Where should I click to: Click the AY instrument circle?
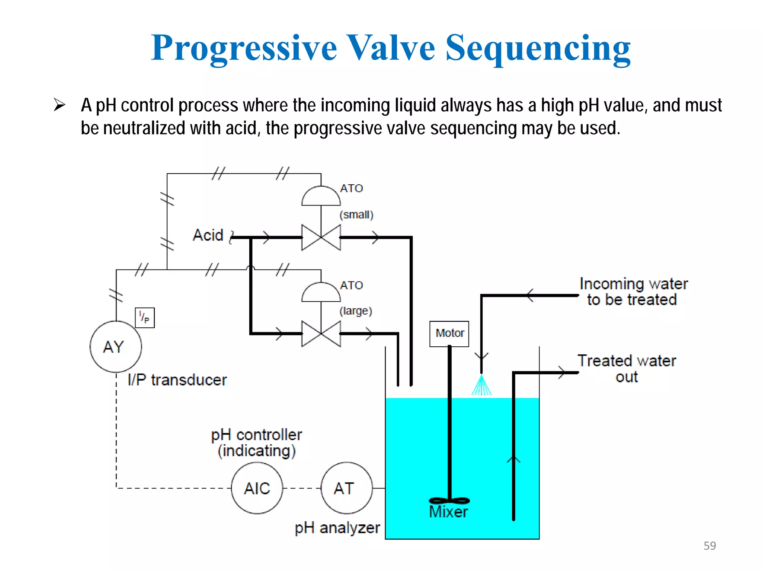pyautogui.click(x=116, y=346)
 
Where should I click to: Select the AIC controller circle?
pyautogui.click(x=257, y=488)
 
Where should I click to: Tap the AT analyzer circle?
pyautogui.click(x=346, y=488)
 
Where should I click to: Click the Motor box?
pyautogui.click(x=449, y=334)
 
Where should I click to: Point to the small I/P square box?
pyautogui.click(x=145, y=318)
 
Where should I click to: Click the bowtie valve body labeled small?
pyautogui.click(x=321, y=237)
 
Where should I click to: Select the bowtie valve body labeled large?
pyautogui.click(x=321, y=334)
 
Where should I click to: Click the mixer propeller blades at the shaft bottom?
pyautogui.click(x=449, y=500)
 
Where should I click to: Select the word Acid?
pyautogui.click(x=208, y=235)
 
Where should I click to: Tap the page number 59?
pyautogui.click(x=710, y=546)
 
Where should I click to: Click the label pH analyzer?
pyautogui.click(x=337, y=528)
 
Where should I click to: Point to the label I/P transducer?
pyautogui.click(x=177, y=380)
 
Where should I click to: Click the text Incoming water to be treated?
pyautogui.click(x=633, y=292)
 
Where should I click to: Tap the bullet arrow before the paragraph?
pyautogui.click(x=59, y=105)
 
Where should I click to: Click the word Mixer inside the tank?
pyautogui.click(x=448, y=512)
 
